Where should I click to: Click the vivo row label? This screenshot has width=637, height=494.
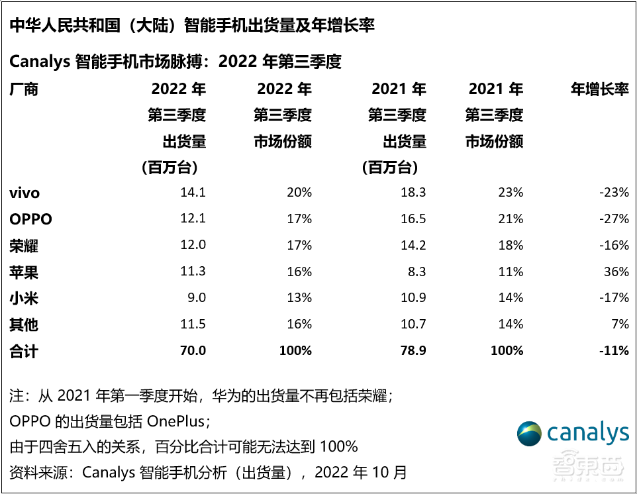coord(25,193)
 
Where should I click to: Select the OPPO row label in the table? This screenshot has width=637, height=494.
coord(30,219)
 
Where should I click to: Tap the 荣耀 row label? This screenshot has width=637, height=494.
coord(24,246)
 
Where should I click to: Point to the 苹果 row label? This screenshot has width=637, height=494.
coord(24,272)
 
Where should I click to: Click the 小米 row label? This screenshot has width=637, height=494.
coord(24,299)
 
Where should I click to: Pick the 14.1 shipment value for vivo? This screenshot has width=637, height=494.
coord(193,193)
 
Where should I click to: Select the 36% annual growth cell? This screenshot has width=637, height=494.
coord(616,272)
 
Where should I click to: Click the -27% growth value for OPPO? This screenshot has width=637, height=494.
coord(614,219)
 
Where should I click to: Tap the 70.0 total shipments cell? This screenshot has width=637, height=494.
coord(193,351)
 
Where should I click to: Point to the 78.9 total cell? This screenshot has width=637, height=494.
coord(413,351)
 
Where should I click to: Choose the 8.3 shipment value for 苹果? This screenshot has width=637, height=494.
coord(416,272)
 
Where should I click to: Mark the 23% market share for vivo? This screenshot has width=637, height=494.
coord(511,193)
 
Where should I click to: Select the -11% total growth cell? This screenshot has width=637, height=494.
coord(613,351)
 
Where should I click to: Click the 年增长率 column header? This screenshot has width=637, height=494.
coord(600,89)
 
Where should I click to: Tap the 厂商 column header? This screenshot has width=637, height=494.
coord(24,89)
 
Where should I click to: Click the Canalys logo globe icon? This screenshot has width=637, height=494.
coord(530,434)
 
